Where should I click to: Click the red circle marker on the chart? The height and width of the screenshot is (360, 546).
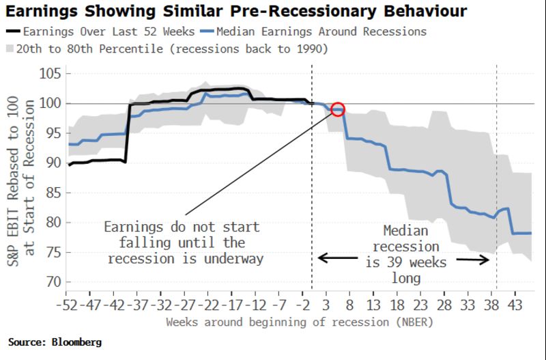pos(338,109)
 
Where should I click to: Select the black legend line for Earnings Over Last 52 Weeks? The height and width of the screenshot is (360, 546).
pos(13,31)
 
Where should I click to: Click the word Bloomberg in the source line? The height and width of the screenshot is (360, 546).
pos(75,342)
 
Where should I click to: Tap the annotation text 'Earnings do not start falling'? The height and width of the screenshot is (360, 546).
pos(182,226)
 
